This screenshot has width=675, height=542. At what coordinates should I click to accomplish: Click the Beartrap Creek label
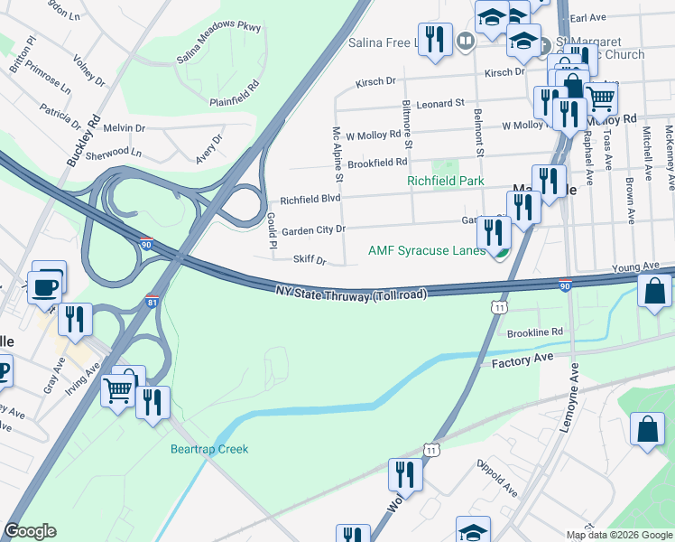tap(208, 449)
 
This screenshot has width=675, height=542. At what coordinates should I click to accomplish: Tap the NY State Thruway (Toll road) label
tap(350, 291)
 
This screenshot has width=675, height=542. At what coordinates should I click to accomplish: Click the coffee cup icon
tap(45, 286)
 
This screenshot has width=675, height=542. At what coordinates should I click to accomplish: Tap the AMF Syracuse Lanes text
tap(427, 250)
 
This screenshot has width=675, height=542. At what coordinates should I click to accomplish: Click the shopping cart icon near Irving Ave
tap(118, 390)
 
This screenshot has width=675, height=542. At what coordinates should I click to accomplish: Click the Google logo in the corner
tap(30, 531)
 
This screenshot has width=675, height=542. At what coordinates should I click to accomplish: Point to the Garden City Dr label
tap(313, 230)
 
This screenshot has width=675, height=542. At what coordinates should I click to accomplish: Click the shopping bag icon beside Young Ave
tap(653, 291)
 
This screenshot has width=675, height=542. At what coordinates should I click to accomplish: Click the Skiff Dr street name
tap(309, 260)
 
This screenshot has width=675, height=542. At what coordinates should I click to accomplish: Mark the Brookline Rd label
tap(534, 332)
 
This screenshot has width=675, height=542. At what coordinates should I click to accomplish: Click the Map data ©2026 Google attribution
tap(618, 535)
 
